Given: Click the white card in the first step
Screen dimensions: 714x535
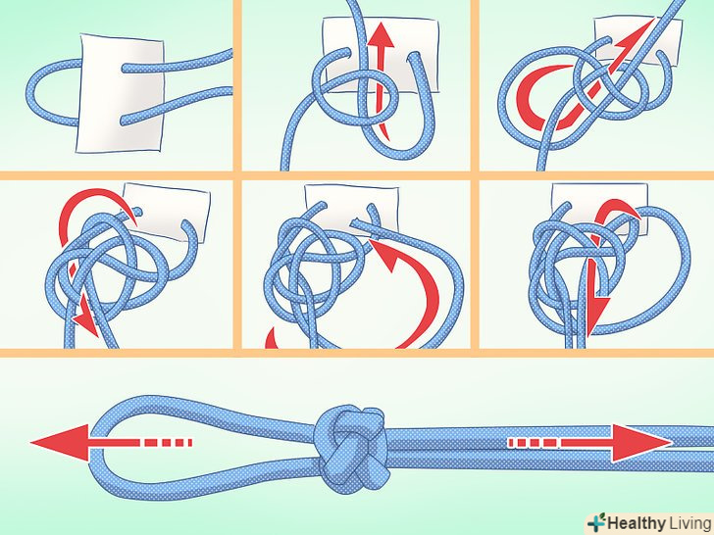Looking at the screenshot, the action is tap(121, 93).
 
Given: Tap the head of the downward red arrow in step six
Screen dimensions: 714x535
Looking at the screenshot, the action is tap(595, 314).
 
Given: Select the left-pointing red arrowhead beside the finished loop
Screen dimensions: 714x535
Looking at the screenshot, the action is tap(59, 442).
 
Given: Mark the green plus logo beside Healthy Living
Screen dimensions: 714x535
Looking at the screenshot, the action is tap(596, 522).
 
